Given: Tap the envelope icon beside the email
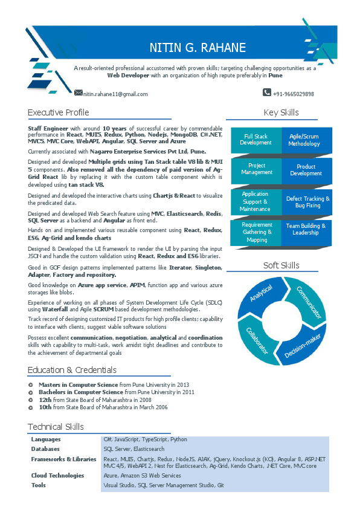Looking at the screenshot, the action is pos(78,92).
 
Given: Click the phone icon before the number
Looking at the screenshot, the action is pos(267,92).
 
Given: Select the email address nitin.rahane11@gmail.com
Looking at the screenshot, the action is pos(115,94).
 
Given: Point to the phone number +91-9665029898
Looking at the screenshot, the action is pos(293,94).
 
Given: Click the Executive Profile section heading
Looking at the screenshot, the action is pos(59,112).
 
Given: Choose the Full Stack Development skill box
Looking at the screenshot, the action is pos(256,140).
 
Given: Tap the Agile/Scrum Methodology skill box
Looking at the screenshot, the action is pos(304,140).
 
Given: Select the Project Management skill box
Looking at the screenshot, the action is pos(257,169).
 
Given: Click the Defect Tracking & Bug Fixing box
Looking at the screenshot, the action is pos(307,202).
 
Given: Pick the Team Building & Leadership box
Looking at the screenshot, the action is pos(305,229).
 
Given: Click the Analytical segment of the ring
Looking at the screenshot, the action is pos(260,295).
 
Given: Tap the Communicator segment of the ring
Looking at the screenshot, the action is pos(308,300).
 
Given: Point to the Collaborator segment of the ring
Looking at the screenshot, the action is pos(256,341).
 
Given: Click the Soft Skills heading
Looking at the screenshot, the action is pos(281,265).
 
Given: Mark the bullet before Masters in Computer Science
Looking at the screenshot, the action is pos(31,384).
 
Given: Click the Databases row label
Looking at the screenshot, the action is pos(45,449).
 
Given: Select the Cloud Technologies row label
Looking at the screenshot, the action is pos(57,476).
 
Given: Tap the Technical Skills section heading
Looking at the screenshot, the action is pos(56,427).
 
